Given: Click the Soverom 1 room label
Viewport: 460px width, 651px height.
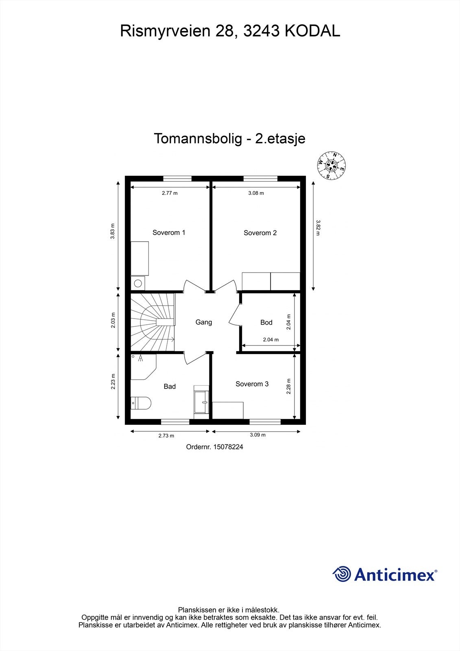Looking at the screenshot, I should click(169, 233).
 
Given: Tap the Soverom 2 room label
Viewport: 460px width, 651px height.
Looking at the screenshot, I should click(260, 233).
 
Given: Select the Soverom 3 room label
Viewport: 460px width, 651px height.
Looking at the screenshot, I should click(252, 384).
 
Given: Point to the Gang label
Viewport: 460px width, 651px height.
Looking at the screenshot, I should click(203, 322).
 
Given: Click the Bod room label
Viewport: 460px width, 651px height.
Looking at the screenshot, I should click(266, 322).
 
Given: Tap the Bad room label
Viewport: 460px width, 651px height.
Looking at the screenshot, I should click(170, 386).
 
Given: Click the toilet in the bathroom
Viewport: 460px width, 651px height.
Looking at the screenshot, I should click(141, 403).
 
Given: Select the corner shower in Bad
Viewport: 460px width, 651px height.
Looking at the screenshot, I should click(142, 366).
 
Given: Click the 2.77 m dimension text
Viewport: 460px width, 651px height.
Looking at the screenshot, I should click(170, 193).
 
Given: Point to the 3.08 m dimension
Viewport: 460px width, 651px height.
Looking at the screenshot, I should click(256, 193).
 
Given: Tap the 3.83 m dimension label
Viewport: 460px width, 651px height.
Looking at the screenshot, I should click(113, 231).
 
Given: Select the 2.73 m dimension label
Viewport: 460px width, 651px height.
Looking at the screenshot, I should click(166, 436).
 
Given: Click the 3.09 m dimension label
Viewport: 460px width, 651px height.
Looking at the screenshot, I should click(257, 435).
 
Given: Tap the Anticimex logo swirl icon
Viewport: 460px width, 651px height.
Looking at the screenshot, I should click(342, 574).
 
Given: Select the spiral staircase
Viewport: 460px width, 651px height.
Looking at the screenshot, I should click(152, 322).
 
